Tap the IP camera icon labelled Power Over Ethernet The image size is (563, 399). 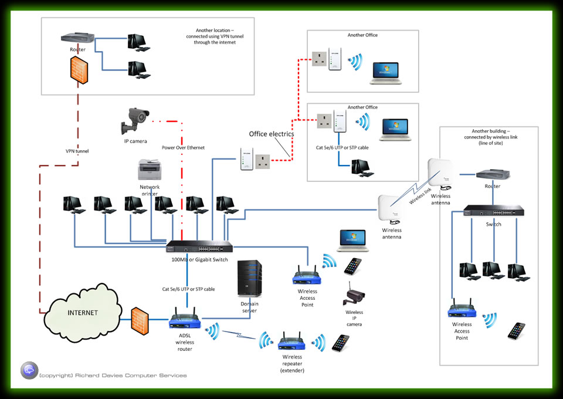135,121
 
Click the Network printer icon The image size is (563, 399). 149,171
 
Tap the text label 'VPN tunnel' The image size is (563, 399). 77,151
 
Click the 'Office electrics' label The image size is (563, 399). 270,134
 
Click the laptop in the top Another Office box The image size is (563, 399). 385,73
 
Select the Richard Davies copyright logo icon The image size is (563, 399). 29,371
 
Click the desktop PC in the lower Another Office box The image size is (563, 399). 359,168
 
